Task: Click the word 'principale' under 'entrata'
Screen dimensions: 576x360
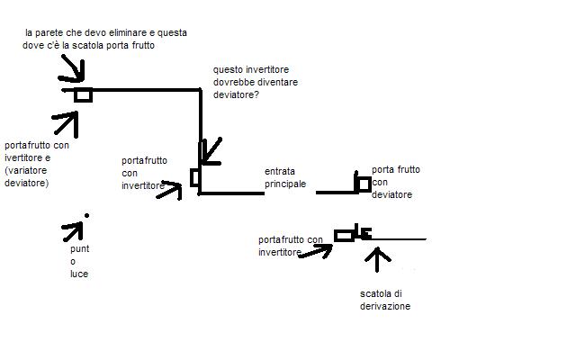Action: [285, 184]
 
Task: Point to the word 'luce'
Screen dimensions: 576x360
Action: [79, 274]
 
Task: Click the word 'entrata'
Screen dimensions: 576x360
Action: [280, 171]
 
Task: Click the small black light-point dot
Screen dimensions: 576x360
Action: [85, 215]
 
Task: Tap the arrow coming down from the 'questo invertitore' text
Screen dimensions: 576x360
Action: [211, 150]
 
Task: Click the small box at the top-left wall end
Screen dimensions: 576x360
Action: [84, 94]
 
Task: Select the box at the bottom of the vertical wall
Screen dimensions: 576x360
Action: [195, 177]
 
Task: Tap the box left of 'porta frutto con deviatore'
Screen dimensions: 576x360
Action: [363, 184]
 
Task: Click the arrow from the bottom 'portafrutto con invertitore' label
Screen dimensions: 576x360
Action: [315, 250]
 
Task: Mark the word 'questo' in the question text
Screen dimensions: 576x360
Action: [229, 69]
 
